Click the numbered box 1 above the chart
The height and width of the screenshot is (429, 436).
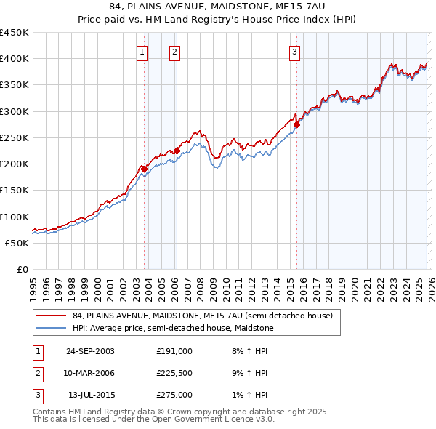click(x=141, y=52)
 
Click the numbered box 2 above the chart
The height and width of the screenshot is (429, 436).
click(x=175, y=52)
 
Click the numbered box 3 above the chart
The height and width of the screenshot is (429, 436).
click(x=295, y=52)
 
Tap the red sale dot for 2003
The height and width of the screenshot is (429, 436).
click(x=145, y=169)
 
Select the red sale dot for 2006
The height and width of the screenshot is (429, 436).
click(x=177, y=151)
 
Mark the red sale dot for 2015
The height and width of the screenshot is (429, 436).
click(x=296, y=124)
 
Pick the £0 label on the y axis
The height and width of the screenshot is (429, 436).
click(x=22, y=269)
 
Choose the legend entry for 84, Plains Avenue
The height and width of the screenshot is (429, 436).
click(x=202, y=316)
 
